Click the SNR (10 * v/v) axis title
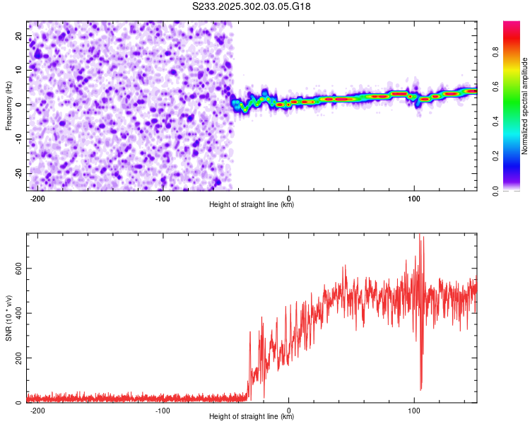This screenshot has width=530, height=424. pos(8,317)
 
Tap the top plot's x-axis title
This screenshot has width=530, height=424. pos(252,205)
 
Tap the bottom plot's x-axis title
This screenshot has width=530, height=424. pos(252,417)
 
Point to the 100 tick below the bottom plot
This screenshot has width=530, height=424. pos(413,409)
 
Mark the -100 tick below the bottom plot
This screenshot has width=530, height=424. pos(163,409)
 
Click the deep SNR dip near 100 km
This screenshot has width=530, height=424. pos(421,387)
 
